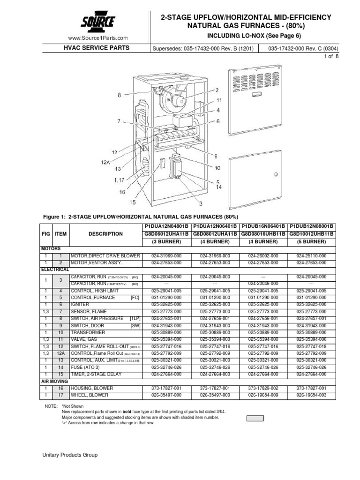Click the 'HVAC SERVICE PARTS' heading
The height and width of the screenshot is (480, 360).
tap(97, 48)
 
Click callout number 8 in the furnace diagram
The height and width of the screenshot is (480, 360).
tap(120, 95)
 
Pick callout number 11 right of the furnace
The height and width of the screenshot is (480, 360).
tap(219, 100)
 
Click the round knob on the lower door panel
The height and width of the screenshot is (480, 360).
tap(276, 174)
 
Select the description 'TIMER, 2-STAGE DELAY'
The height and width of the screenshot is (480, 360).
tap(95, 374)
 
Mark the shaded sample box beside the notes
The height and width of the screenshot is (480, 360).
tap(255, 418)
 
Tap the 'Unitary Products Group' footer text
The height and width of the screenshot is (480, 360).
tap(71, 455)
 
